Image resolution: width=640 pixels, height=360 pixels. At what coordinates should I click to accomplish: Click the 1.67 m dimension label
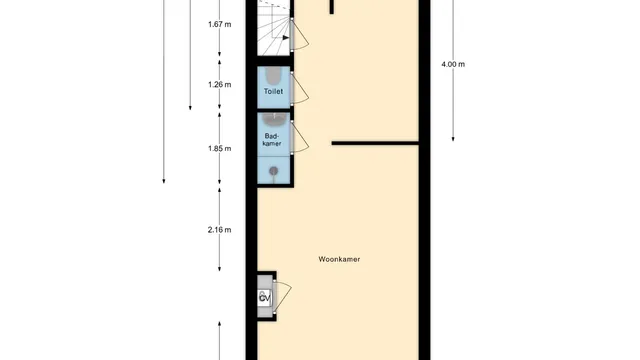(220, 24)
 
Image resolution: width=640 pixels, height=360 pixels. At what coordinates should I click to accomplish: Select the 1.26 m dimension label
(220, 84)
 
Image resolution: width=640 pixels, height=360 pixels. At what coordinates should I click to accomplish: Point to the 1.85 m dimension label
(220, 149)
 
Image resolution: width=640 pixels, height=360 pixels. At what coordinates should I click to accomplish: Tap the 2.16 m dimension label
(220, 230)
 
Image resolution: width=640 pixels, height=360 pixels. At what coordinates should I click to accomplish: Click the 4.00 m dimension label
(453, 64)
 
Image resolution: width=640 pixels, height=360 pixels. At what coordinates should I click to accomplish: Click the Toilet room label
(273, 91)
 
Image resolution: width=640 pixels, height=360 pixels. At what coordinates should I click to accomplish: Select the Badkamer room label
(272, 140)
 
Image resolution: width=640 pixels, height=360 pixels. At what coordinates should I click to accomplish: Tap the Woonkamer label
(339, 259)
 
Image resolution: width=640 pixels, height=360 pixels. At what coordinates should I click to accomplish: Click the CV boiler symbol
(264, 298)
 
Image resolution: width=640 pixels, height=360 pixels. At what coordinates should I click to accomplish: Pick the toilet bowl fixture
(273, 76)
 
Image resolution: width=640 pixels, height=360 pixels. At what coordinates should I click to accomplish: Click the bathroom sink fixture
(274, 120)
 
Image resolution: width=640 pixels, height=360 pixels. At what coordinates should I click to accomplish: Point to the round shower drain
(274, 171)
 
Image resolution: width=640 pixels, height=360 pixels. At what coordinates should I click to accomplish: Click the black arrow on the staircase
(286, 38)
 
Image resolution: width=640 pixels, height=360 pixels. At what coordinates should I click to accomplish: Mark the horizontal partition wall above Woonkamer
(375, 143)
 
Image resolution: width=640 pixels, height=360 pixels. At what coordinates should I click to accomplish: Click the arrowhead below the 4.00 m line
(453, 139)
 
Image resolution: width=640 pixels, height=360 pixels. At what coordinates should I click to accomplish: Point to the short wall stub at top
(332, 7)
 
